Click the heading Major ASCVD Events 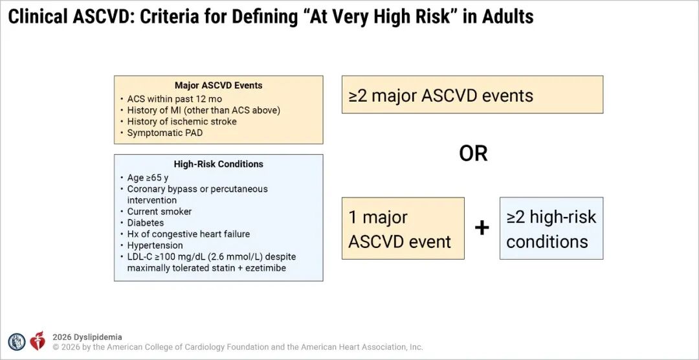(x=219, y=85)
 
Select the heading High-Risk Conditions (x=219, y=164)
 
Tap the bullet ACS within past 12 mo (x=174, y=98)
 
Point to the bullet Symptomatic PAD (x=164, y=133)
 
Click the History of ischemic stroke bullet (x=182, y=121)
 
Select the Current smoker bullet (x=160, y=212)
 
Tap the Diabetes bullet (x=146, y=223)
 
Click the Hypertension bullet (x=155, y=245)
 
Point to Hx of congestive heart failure (x=188, y=234)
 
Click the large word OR (x=473, y=154)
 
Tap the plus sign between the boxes (x=482, y=228)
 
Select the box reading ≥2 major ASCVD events (x=472, y=95)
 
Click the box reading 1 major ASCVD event (x=403, y=229)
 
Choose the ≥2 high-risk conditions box (x=551, y=229)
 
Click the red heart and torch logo (x=38, y=341)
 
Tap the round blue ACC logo (x=17, y=342)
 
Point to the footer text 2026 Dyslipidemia (x=87, y=337)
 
